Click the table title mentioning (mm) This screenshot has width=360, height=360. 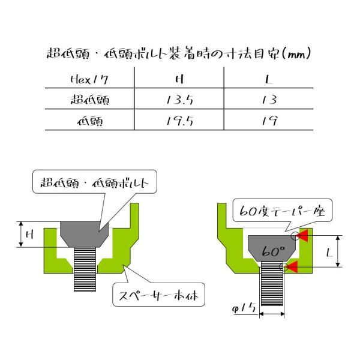[179, 54]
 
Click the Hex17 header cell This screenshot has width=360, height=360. [89, 80]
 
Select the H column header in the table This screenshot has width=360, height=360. [179, 79]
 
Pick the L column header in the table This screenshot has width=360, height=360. [269, 79]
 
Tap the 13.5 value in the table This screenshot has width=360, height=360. [180, 100]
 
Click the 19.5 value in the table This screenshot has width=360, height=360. [180, 121]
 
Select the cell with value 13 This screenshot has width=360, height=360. [269, 100]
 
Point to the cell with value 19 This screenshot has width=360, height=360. [269, 121]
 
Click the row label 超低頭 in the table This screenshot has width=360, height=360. [90, 100]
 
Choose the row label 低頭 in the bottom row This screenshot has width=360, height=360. [90, 121]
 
